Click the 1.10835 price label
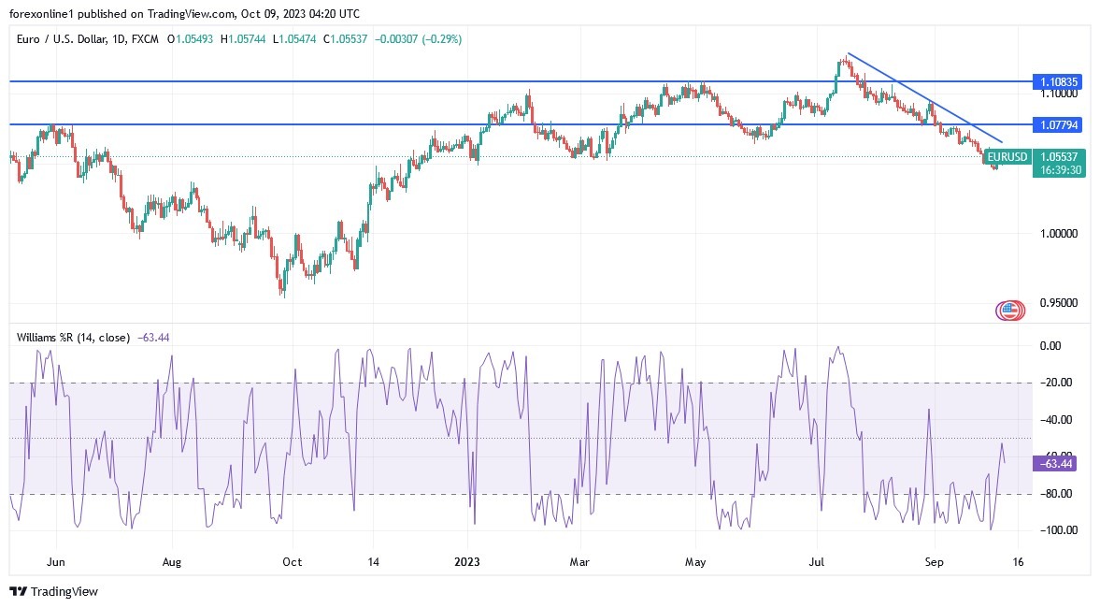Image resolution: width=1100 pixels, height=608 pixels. pos(1059,82)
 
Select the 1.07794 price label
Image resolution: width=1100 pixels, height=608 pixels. pos(1059,124)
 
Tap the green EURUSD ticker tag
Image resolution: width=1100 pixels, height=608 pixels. pos(1008,157)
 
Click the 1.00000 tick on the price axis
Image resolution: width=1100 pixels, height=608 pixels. pos(1059,233)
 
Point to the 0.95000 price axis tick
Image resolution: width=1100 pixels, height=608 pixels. pos(1059,303)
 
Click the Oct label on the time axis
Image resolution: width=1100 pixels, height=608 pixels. pos(292,563)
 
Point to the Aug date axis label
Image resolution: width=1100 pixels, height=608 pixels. pos(172,563)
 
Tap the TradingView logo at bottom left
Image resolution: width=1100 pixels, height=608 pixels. pos(53,591)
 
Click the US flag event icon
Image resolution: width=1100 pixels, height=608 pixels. pos(1008,310)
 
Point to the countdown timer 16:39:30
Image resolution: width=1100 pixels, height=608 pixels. pos(1059,170)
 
